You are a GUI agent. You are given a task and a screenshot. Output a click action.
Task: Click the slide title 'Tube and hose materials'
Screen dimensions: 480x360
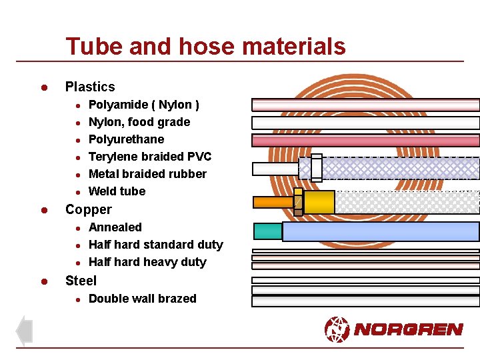click(205, 47)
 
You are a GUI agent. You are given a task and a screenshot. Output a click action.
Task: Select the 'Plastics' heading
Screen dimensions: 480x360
click(90, 87)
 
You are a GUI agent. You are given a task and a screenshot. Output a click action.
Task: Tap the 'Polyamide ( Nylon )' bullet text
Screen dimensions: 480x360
click(144, 105)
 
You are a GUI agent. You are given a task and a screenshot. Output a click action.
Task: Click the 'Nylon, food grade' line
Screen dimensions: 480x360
click(139, 122)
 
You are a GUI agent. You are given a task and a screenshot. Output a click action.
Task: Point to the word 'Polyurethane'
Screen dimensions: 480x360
click(126, 139)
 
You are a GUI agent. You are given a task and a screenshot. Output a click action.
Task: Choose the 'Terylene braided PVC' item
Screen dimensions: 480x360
click(150, 157)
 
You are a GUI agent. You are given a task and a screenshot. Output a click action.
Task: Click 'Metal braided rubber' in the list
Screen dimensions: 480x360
click(147, 174)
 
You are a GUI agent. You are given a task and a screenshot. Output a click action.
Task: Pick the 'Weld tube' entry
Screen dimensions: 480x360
click(117, 191)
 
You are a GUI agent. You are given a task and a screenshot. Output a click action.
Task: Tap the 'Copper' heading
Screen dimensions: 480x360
click(89, 209)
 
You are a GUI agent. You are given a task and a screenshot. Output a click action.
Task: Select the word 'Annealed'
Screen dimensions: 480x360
click(115, 227)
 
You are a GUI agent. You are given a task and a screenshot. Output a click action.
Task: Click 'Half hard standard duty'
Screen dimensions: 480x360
click(155, 245)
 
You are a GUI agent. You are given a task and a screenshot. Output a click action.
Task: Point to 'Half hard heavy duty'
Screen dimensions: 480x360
click(147, 262)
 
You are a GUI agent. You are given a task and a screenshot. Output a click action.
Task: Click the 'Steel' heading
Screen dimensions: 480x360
click(81, 281)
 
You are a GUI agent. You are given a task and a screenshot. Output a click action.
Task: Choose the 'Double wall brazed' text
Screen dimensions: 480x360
click(143, 299)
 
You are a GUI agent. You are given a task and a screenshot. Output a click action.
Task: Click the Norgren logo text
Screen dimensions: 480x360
click(408, 329)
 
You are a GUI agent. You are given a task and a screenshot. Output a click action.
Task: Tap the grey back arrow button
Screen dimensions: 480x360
click(24, 331)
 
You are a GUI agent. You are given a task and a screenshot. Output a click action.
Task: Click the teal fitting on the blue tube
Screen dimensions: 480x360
click(268, 231)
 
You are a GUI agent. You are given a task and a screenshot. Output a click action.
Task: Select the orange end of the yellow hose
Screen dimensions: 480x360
click(273, 202)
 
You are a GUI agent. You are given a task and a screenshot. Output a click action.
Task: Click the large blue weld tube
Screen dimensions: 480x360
click(381, 231)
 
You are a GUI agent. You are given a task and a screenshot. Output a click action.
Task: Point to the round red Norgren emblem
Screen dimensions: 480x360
click(337, 329)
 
